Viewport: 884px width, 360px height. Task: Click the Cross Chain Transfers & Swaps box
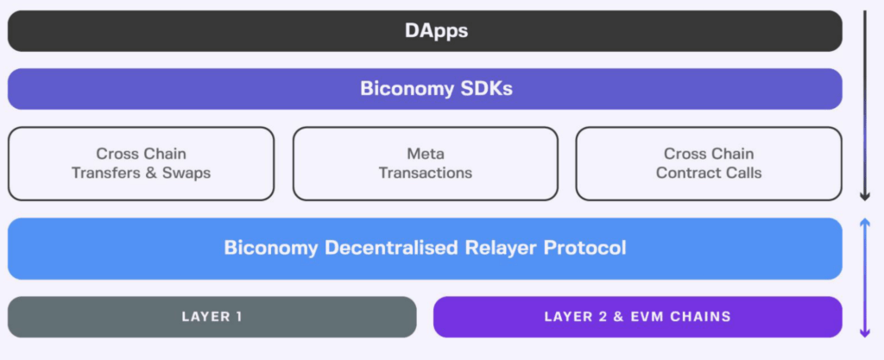[x=141, y=163]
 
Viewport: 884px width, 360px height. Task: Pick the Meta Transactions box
[x=426, y=163]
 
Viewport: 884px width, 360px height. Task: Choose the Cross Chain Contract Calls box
[x=708, y=163]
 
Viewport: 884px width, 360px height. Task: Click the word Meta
[x=426, y=154]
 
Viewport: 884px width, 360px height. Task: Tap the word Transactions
[x=426, y=173]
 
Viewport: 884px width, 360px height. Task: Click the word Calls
[x=743, y=173]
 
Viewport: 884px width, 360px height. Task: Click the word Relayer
[x=493, y=249]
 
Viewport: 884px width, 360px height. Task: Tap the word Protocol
[x=584, y=249]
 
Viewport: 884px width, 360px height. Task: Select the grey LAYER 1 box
[x=212, y=317]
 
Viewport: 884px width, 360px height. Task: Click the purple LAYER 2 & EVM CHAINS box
[x=637, y=317]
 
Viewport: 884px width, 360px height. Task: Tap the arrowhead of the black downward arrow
[x=864, y=197]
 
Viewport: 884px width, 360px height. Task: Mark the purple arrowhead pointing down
[x=864, y=332]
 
